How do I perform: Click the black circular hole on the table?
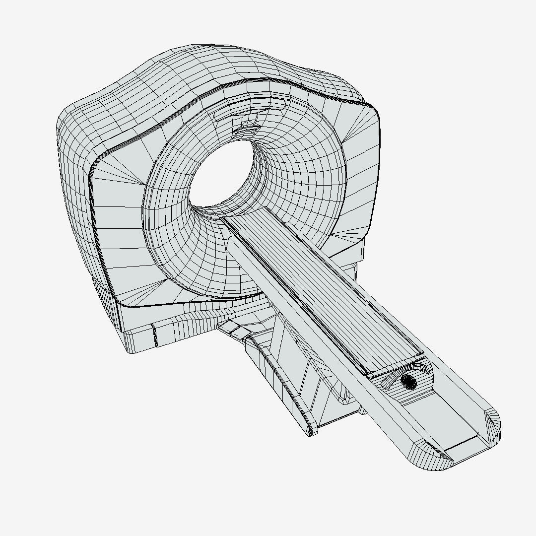coord(408,381)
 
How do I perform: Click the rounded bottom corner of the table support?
coord(311,430)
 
